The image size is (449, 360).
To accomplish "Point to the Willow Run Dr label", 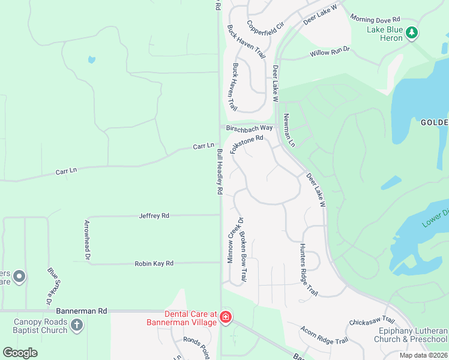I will click(330, 53).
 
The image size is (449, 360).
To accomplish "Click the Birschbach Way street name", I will click(249, 128).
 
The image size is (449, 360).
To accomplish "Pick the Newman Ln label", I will click(290, 130).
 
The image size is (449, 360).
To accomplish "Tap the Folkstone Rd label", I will click(246, 146).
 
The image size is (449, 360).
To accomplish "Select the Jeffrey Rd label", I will click(154, 215).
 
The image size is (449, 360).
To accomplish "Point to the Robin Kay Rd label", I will click(154, 263).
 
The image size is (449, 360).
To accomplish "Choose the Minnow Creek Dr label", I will click(232, 240).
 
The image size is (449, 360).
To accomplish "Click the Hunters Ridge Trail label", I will click(308, 269).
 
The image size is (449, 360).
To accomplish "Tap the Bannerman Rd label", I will click(81, 311).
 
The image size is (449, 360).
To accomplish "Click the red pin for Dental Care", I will click(226, 317).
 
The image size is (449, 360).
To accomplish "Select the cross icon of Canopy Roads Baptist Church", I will click(76, 326).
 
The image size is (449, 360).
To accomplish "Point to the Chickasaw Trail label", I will click(371, 322).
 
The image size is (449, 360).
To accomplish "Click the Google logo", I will click(20, 352).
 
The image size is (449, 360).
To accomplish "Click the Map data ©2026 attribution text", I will click(423, 355).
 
